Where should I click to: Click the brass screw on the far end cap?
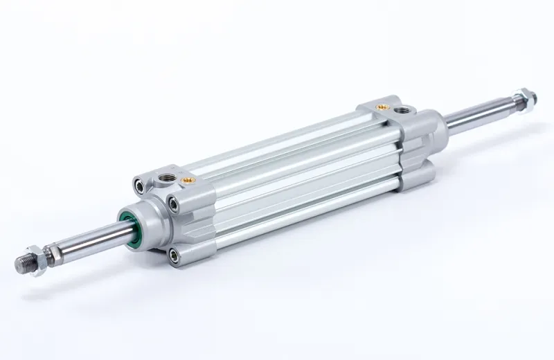coord(379,107)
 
